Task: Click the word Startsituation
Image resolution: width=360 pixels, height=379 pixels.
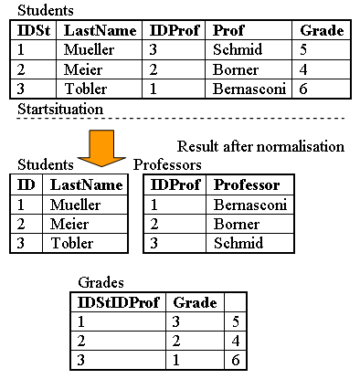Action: pos(59,109)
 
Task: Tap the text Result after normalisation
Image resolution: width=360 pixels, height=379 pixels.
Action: pos(260,146)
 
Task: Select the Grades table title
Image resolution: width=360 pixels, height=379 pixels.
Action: pos(101,284)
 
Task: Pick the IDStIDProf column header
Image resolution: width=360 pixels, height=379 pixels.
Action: pos(116,302)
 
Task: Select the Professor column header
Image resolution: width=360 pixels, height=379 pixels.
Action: pos(246,184)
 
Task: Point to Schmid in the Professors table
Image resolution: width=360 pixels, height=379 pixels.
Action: pos(238,243)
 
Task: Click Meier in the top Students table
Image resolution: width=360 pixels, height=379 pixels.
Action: pos(84,69)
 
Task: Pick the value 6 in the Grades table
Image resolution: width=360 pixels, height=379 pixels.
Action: pos(235,361)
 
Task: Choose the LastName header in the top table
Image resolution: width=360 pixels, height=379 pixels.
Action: pos(100,30)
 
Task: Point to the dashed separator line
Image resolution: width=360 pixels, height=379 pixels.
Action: pos(183,120)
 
